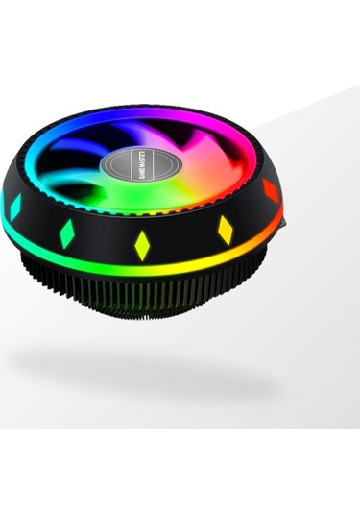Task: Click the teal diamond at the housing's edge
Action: [15, 207]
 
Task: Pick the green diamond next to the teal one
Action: [67, 233]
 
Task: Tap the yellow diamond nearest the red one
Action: [225, 229]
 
